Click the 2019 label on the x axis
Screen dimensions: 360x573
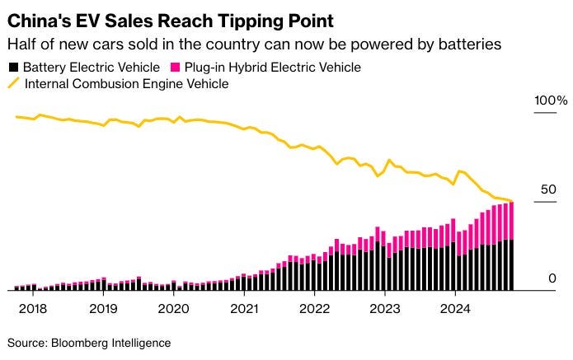pos(103,308)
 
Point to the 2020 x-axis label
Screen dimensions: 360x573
pos(173,308)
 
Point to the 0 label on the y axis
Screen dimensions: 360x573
pos(541,279)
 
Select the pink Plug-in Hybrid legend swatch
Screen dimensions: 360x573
pos(171,68)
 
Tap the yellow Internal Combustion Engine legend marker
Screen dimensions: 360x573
pos(12,83)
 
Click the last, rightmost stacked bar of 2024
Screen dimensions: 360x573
pos(511,247)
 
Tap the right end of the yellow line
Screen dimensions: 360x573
pos(512,201)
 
